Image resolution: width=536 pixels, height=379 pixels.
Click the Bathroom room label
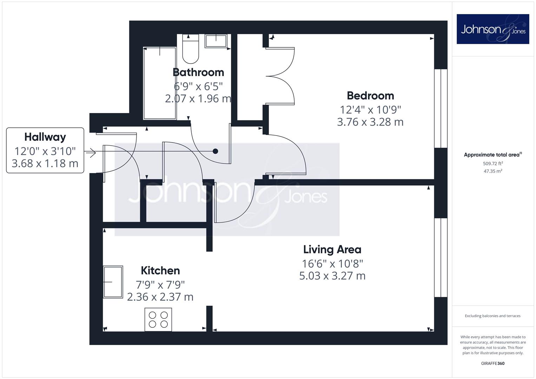198,72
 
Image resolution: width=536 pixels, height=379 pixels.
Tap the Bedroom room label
370,96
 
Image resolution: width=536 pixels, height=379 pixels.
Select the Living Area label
332,250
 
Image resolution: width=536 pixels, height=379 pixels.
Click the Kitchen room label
160,271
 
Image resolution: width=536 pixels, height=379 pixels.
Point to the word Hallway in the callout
45,137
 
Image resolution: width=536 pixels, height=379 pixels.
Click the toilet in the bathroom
191,49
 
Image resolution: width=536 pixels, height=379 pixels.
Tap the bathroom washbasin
216,41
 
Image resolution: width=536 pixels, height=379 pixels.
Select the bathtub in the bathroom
160,83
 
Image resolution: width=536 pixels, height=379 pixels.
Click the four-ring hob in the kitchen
158,319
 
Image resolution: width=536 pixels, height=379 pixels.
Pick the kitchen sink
113,282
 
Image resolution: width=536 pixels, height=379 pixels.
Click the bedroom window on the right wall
441,108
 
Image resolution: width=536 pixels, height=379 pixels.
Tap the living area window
441,258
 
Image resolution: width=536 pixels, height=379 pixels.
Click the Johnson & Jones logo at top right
493,29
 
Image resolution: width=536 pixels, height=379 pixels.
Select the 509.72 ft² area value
493,164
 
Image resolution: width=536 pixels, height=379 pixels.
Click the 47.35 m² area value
493,171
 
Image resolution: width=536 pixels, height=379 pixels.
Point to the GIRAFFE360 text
493,363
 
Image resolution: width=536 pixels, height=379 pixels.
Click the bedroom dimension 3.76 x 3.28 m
370,122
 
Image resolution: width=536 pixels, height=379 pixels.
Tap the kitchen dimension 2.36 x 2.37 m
160,297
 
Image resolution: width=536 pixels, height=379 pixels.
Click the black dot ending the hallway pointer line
216,151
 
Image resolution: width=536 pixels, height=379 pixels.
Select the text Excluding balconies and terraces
493,316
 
